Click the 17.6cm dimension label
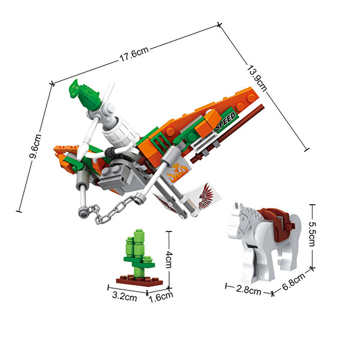[134, 54]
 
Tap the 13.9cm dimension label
[257, 79]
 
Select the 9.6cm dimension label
[35, 146]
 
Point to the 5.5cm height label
[312, 233]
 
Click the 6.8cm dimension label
[294, 281]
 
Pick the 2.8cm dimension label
[248, 290]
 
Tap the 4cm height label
[169, 259]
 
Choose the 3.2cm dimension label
[124, 296]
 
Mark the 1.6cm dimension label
[160, 297]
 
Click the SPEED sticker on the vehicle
[226, 120]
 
